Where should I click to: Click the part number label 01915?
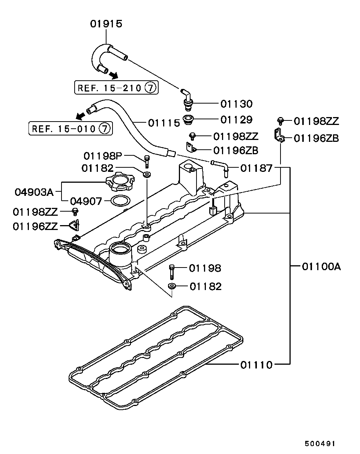(106, 24)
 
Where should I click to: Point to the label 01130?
(236, 104)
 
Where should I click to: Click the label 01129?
(236, 120)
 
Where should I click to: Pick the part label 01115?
(164, 122)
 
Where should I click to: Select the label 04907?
(86, 201)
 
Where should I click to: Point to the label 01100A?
(321, 267)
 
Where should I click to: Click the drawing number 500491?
(319, 443)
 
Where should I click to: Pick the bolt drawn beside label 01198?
(172, 271)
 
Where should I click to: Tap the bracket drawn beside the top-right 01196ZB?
(278, 135)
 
